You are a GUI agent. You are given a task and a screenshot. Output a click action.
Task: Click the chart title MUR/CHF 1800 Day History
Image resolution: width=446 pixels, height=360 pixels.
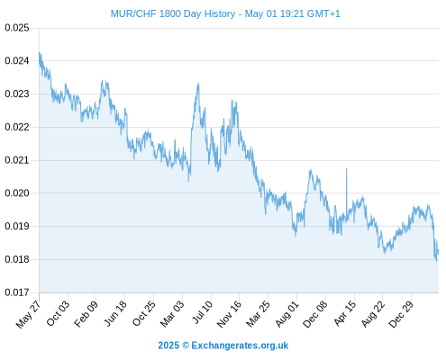tap(173, 13)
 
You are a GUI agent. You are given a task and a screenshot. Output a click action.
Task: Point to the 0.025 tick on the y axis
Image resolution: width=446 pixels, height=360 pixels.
tap(17, 28)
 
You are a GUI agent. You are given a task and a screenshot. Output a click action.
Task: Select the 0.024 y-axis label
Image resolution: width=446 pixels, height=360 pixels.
tap(17, 61)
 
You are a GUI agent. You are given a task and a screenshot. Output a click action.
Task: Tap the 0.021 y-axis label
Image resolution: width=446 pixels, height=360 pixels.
tap(17, 160)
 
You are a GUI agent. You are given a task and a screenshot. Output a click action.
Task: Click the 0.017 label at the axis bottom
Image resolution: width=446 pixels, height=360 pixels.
tap(17, 292)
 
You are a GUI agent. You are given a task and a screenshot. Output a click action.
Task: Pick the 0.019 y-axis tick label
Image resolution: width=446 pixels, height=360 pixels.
tap(17, 226)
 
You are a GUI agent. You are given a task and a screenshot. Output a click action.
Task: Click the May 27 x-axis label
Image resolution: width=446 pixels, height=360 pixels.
tap(28, 315)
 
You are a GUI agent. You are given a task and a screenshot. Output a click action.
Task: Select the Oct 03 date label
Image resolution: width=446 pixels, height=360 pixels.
tap(58, 313)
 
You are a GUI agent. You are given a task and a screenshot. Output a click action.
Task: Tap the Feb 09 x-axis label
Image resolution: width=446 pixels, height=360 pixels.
tap(86, 314)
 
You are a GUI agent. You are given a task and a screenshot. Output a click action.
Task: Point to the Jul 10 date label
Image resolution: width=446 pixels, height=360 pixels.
tap(202, 312)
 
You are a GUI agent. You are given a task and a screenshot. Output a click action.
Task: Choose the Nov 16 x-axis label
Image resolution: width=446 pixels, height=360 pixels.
tap(229, 314)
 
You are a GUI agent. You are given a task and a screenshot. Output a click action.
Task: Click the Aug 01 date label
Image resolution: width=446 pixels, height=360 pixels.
tap(287, 314)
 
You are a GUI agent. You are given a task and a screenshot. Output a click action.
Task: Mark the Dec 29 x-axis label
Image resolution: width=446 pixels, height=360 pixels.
tap(401, 314)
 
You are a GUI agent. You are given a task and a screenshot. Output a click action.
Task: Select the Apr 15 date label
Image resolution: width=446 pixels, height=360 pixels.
tap(345, 313)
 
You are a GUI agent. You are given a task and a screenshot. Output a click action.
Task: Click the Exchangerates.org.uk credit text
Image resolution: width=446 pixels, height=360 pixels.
tap(240, 346)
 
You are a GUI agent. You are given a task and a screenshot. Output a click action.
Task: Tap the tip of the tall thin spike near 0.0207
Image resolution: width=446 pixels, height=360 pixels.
tap(346, 169)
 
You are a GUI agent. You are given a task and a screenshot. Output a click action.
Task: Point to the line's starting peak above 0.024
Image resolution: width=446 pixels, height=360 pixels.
tap(39, 52)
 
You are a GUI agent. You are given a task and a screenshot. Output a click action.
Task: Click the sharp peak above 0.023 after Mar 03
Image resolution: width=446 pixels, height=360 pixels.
tap(198, 84)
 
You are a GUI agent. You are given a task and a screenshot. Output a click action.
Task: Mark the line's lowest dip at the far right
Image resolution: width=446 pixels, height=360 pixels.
tap(436, 261)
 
